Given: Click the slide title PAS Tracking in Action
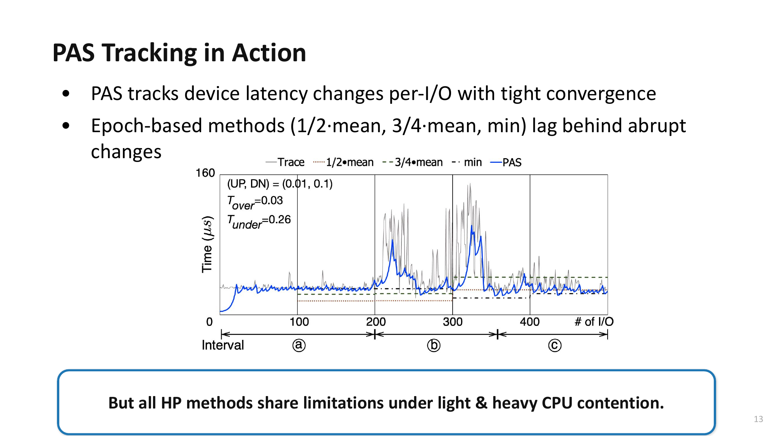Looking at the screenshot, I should click(x=179, y=53).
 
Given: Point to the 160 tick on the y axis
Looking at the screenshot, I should click(x=205, y=173).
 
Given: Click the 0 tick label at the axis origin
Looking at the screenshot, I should click(x=209, y=322).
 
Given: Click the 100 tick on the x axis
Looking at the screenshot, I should click(x=299, y=322).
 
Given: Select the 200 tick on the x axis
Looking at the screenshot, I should click(x=376, y=322).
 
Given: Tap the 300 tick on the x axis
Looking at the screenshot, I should click(x=453, y=322).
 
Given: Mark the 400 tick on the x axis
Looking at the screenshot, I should click(x=530, y=322).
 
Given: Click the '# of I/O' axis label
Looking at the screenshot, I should click(x=594, y=322).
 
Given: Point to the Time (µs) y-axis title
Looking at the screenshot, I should click(x=207, y=244).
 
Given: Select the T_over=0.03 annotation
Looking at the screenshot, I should click(x=255, y=202).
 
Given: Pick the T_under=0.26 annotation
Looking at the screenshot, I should click(x=259, y=221).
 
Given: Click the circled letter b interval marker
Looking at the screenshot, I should click(x=434, y=345).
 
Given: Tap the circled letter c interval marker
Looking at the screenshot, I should click(x=555, y=345).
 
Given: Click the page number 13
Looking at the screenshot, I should click(x=758, y=419).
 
